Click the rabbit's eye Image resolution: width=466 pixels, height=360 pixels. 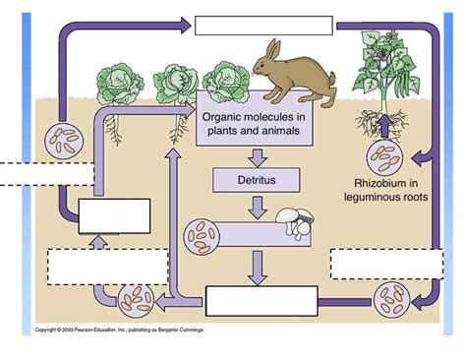coord(263,65)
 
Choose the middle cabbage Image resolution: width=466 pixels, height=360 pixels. coord(174,83)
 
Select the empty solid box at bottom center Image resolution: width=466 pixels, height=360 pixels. coord(261,301)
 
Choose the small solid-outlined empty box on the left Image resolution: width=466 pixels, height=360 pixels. coord(114,215)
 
